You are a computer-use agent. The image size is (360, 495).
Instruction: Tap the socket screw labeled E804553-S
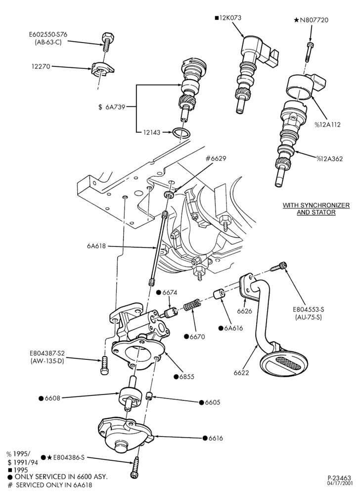[279, 267]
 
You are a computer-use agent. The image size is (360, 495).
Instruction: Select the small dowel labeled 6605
[150, 395]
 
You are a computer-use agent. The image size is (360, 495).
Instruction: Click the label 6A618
[96, 246]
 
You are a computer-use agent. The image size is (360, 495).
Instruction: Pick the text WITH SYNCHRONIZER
[316, 205]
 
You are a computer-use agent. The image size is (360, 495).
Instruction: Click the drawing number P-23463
[339, 478]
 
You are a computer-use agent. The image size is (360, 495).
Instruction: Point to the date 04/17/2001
[339, 484]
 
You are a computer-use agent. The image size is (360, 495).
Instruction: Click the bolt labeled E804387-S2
[105, 366]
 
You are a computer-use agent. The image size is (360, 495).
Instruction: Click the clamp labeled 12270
[102, 69]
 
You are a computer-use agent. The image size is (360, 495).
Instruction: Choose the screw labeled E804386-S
[135, 467]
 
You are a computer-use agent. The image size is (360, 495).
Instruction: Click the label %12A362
[329, 158]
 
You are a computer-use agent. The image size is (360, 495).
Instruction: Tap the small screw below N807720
[309, 51]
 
